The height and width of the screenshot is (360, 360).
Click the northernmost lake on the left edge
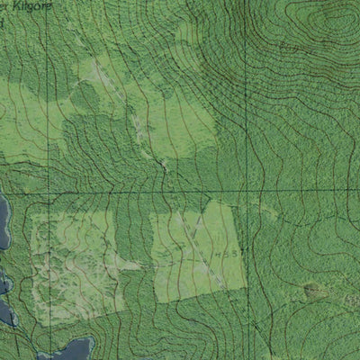[x=3, y=222]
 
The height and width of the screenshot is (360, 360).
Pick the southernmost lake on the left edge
[x=7, y=311]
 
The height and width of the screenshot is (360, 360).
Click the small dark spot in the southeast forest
[x=312, y=290]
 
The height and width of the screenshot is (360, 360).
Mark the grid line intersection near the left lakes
[x=26, y=192]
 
